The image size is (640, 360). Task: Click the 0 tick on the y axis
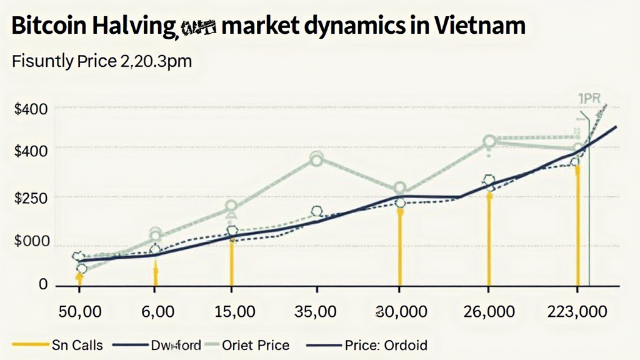(x=42, y=284)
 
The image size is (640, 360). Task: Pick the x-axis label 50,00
(x=80, y=311)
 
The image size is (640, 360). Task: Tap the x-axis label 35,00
(x=317, y=311)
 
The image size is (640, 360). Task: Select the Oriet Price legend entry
(x=256, y=344)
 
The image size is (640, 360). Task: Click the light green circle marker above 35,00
(x=316, y=159)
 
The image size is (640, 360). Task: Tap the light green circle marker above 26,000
(x=489, y=142)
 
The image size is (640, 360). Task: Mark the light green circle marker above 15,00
(x=231, y=206)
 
